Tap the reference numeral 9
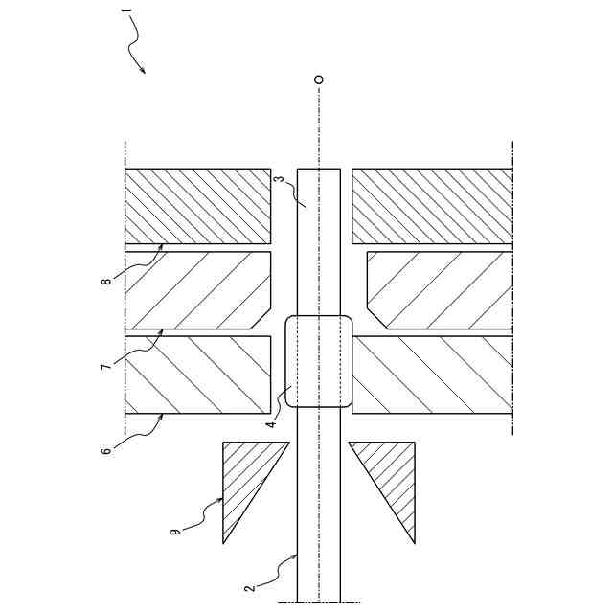tap(175, 530)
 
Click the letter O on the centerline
tap(319, 79)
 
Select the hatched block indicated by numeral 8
tap(198, 206)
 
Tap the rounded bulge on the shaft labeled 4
tap(319, 361)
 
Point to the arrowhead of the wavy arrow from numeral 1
tap(144, 73)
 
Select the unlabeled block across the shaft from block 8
tap(431, 206)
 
